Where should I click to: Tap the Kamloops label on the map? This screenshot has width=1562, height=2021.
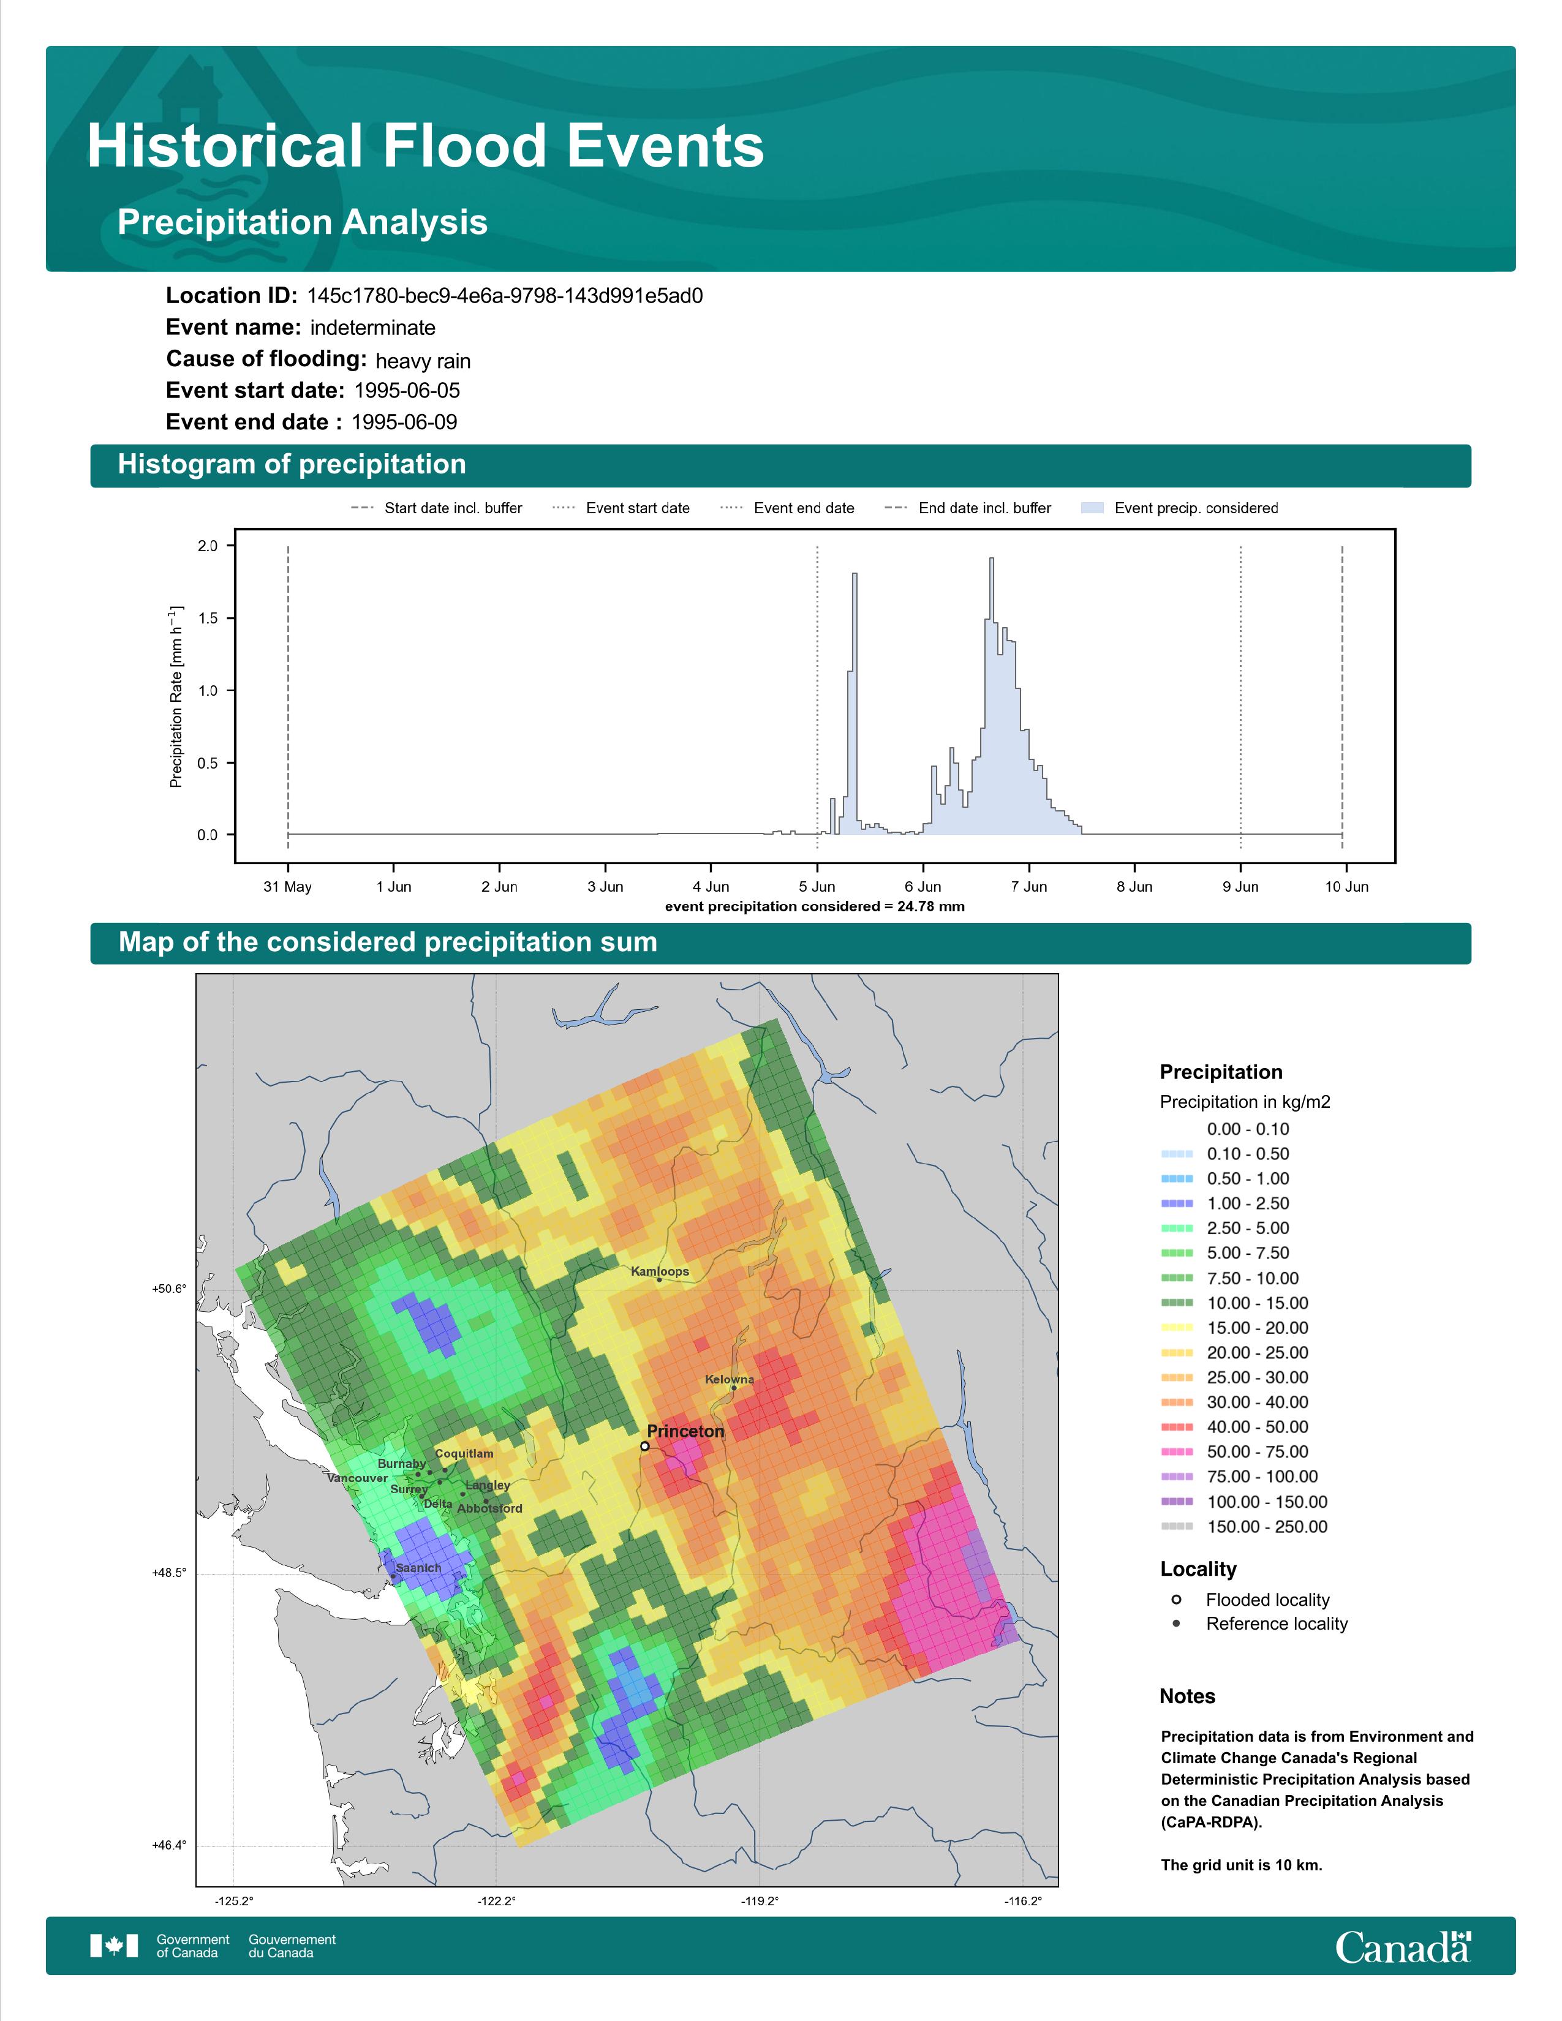660,1271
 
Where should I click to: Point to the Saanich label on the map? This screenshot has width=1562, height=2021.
418,1568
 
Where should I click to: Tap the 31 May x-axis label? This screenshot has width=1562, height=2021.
288,887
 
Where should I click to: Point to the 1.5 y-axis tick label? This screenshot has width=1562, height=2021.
207,618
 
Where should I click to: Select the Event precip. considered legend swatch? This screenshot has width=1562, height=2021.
1093,508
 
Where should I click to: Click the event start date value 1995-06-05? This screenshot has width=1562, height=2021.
407,391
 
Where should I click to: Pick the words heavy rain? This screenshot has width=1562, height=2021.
423,361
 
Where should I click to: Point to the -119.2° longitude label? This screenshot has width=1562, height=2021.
760,1902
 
